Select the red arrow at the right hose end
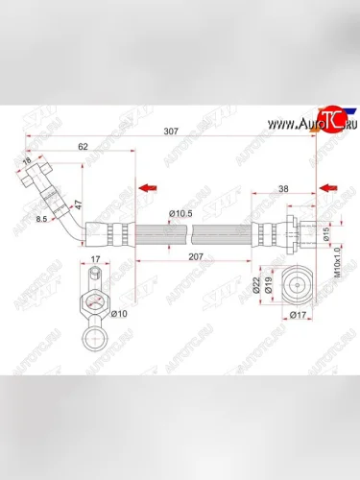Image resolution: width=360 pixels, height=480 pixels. (x=327, y=187)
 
